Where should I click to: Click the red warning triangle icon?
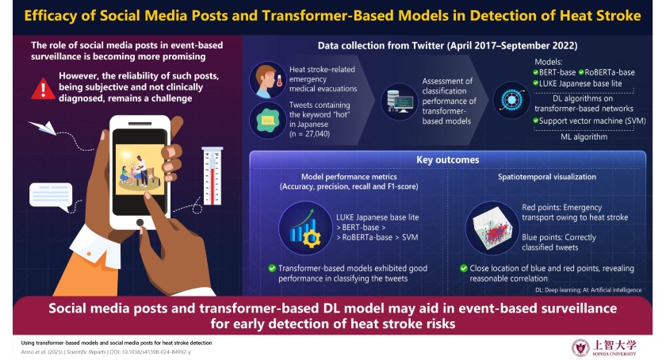(x=43, y=89)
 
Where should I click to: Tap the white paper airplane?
(x=43, y=128)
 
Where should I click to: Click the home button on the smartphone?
(x=140, y=222)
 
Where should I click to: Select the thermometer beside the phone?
(x=212, y=175)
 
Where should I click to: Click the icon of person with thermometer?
(x=268, y=80)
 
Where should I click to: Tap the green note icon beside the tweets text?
(x=268, y=121)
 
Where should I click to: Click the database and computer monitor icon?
(x=400, y=101)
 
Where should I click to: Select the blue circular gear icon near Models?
(x=511, y=100)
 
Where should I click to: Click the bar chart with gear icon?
(x=305, y=228)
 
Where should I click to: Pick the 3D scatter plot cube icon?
(x=492, y=228)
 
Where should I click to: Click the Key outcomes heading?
(x=448, y=160)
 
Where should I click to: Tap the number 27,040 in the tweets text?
(x=317, y=134)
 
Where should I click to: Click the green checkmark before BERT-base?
(x=536, y=72)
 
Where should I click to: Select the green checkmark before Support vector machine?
(x=536, y=121)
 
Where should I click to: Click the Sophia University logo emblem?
(x=580, y=347)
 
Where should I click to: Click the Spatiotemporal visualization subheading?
(x=546, y=177)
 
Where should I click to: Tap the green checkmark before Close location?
(x=463, y=268)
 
